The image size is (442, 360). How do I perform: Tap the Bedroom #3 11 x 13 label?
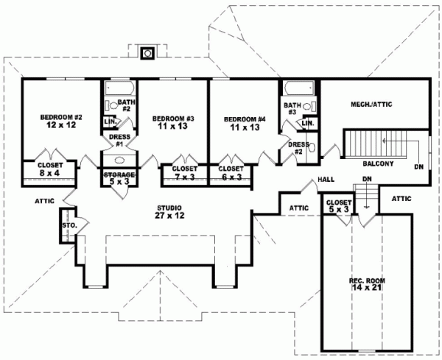click(x=173, y=123)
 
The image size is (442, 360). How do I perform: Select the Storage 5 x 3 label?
click(x=119, y=178)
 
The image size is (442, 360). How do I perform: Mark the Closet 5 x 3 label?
click(x=338, y=205)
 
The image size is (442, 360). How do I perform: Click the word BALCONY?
click(x=378, y=163)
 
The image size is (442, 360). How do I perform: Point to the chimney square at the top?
click(x=148, y=52)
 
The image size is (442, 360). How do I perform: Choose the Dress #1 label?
click(x=119, y=140)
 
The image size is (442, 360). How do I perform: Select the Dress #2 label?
click(x=297, y=148)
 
